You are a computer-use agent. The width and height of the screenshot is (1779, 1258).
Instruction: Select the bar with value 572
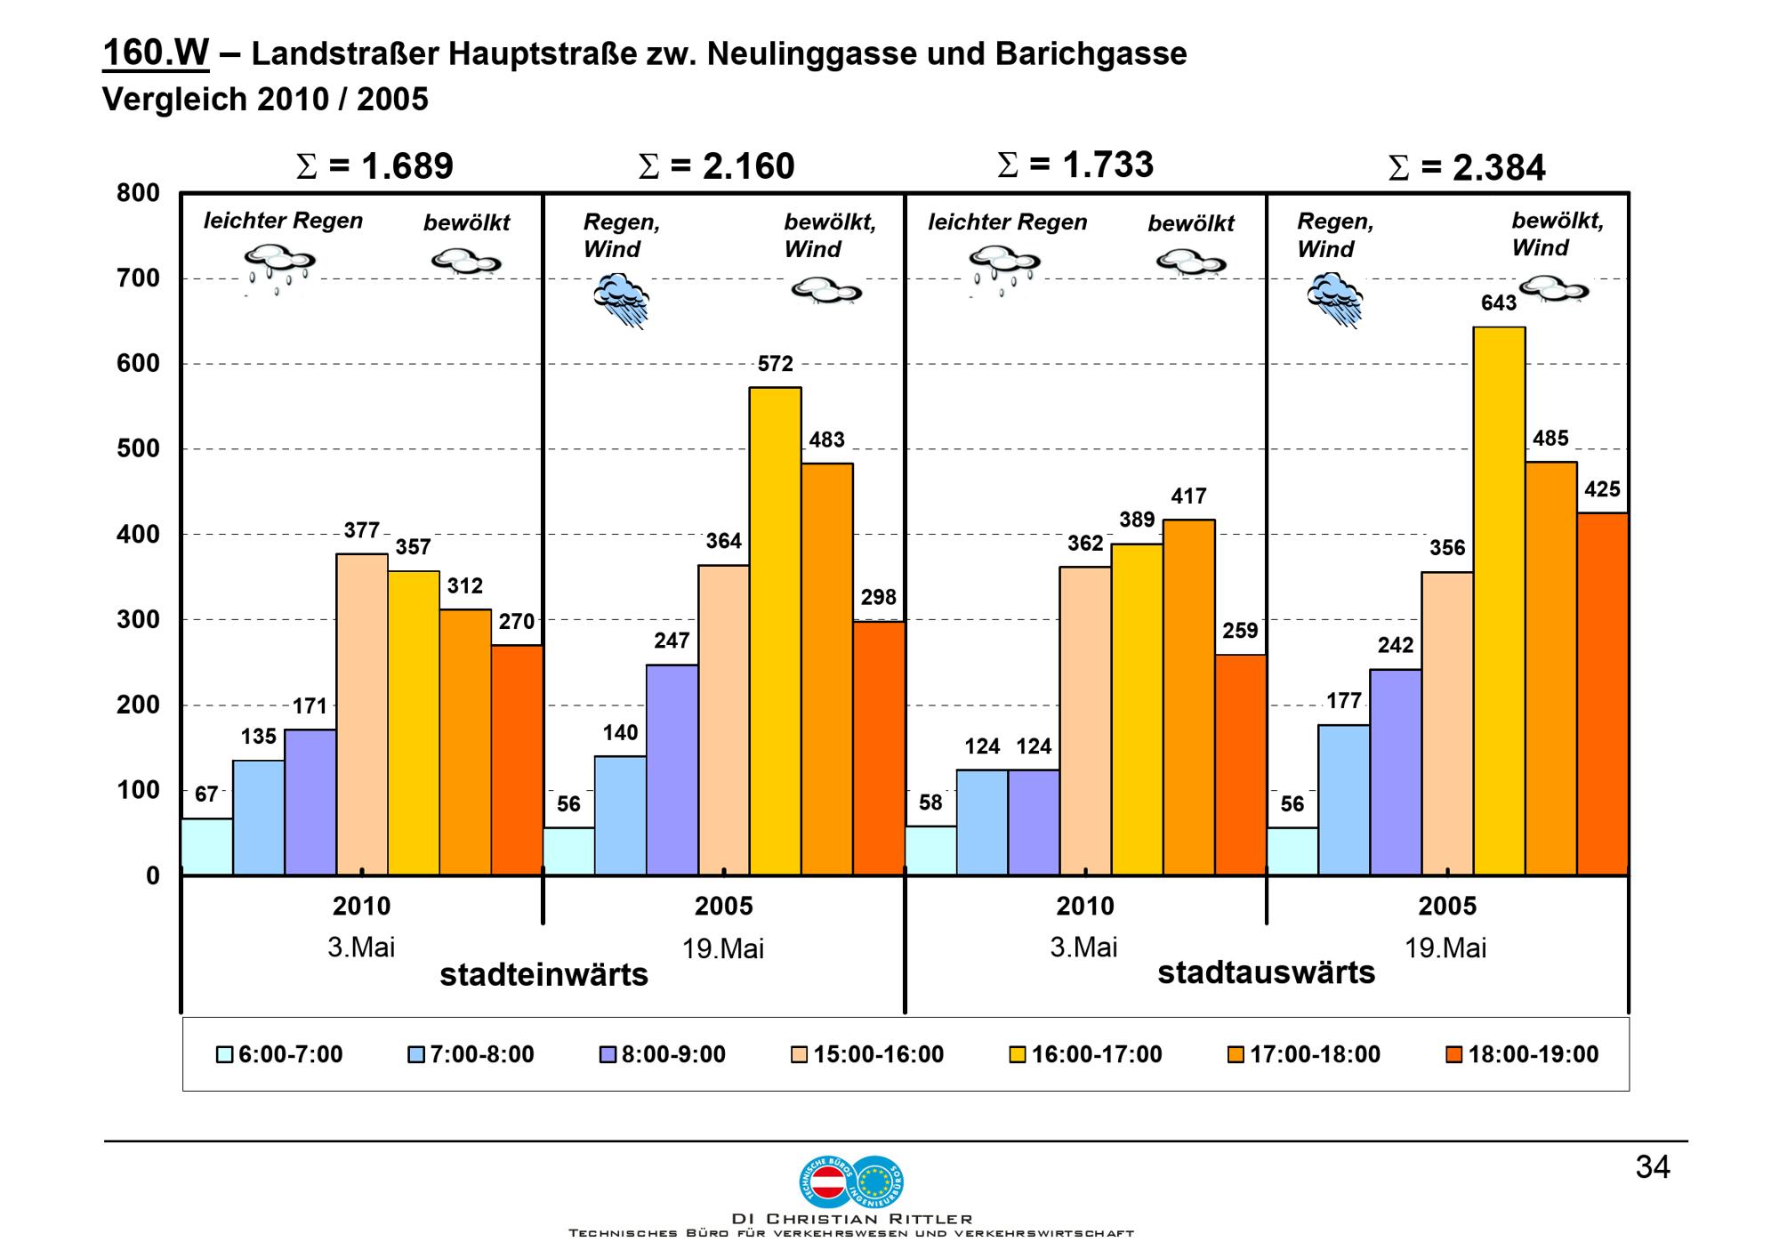775,631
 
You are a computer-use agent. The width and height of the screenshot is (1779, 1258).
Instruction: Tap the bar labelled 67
206,846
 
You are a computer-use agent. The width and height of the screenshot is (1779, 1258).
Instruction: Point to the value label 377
362,531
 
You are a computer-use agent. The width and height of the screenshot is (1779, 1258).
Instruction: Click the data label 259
1240,631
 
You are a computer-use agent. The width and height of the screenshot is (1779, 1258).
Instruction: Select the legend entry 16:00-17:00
1086,1054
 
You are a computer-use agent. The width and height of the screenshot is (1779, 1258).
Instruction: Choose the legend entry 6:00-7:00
279,1054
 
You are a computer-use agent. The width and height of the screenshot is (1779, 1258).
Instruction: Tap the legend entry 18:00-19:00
1522,1054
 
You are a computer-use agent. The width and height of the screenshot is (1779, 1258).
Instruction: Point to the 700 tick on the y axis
138,278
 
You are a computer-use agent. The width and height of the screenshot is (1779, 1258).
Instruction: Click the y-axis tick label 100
138,790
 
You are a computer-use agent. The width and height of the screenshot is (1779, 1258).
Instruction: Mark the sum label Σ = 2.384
1467,168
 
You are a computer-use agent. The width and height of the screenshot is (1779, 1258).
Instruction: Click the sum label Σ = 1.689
374,166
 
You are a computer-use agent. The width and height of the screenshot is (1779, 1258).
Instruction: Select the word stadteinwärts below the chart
543,975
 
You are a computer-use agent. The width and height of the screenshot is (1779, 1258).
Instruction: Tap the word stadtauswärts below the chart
1266,972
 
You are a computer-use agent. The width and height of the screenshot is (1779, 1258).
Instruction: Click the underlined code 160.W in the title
156,53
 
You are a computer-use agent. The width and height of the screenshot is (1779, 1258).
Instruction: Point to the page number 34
1652,1167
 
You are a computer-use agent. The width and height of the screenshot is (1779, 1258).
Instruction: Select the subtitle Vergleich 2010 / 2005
265,99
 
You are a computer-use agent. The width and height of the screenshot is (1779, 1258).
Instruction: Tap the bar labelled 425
1602,694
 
